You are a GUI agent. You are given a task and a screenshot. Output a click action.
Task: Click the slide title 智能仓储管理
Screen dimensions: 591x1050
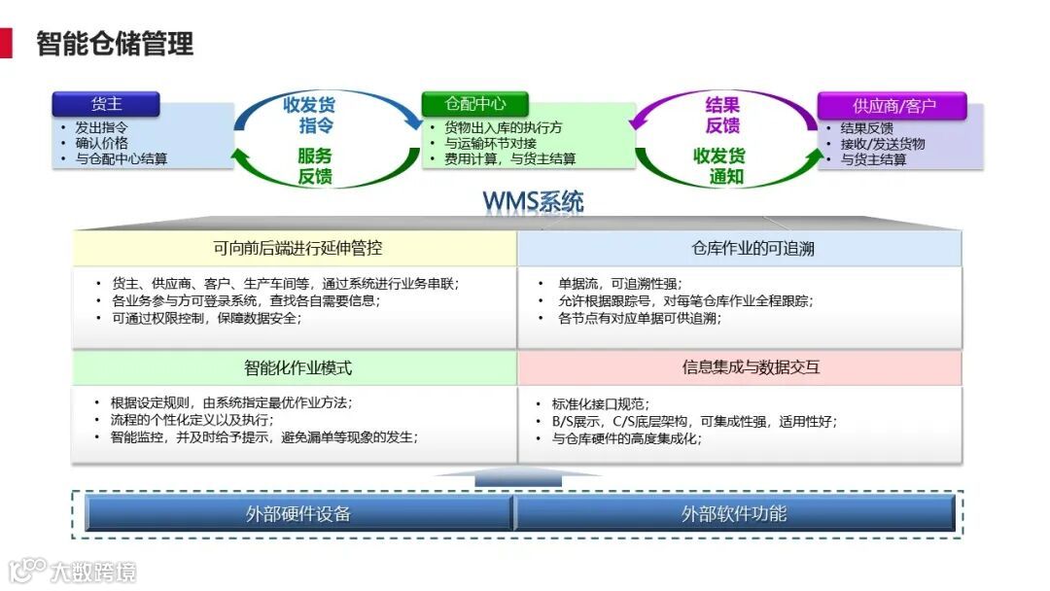point(115,44)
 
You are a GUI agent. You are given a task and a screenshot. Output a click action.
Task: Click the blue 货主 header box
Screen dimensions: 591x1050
point(106,104)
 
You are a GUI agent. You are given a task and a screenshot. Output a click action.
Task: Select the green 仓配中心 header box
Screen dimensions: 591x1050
point(475,104)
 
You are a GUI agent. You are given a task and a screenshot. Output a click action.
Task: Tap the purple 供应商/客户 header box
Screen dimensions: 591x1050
point(892,106)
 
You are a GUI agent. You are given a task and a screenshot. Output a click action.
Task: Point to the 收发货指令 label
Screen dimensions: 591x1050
point(309,115)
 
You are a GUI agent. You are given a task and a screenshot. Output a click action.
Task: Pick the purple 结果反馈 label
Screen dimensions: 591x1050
point(722,115)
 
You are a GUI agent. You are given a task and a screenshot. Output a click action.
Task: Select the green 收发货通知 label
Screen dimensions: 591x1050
point(719,166)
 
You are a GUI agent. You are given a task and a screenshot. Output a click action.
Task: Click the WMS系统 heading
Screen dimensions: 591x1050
point(533,202)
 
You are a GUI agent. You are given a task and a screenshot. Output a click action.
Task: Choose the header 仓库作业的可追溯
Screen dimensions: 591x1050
point(740,248)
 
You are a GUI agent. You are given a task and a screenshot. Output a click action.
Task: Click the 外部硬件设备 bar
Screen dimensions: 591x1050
point(298,513)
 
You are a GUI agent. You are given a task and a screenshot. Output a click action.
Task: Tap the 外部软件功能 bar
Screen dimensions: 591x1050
point(734,513)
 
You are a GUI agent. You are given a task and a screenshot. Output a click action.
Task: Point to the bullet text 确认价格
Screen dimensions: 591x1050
point(102,143)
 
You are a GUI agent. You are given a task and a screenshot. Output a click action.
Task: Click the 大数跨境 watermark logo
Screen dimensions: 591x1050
point(73,571)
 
